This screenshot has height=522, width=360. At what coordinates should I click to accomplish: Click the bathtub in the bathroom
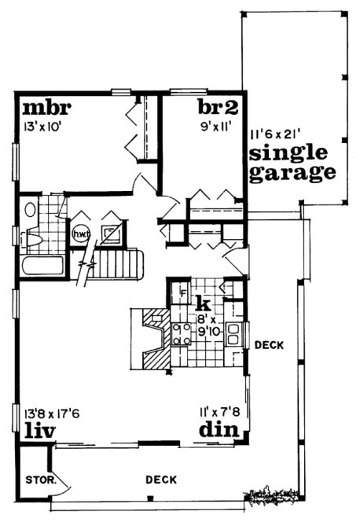pyautogui.click(x=44, y=263)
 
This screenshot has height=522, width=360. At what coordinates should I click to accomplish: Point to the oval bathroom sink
pyautogui.click(x=30, y=210)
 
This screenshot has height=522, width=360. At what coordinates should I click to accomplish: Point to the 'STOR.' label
pyautogui.click(x=35, y=478)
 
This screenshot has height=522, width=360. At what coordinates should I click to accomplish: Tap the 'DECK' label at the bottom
pyautogui.click(x=160, y=480)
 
